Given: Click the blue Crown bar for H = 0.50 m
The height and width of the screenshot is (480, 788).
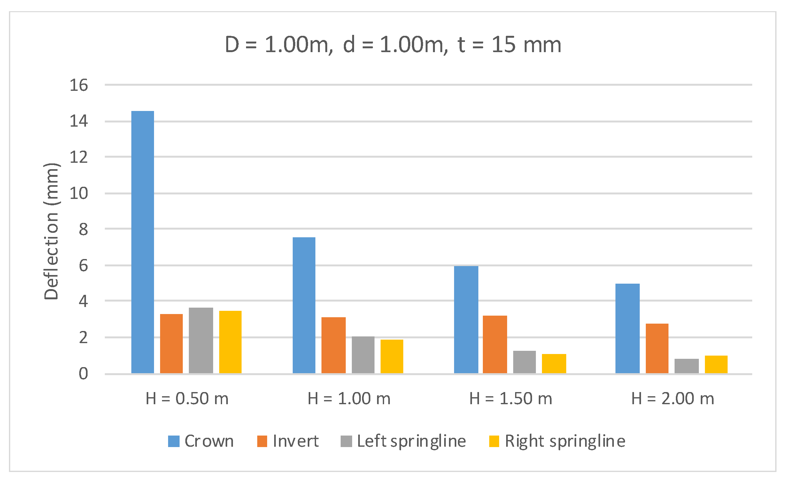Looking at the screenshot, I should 143,242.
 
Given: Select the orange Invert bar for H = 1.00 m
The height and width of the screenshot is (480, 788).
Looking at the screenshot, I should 333,345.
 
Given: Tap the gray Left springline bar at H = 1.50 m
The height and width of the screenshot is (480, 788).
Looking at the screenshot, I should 524,362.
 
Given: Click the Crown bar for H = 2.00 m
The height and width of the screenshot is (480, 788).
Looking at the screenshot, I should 628,328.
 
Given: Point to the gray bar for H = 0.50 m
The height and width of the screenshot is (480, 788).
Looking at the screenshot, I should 201,340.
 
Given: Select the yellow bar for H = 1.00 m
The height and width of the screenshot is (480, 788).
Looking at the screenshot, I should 392,356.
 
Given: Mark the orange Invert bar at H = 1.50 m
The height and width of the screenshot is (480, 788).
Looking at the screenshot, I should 495,344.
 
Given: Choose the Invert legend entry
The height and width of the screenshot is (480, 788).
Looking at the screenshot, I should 288,441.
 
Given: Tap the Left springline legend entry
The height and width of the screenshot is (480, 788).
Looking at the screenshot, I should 403,441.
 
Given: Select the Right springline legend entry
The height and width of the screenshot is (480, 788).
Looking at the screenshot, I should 557,441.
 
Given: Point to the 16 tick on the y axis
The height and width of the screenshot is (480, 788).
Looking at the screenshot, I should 79,85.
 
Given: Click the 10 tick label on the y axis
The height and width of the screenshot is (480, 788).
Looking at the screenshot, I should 79,193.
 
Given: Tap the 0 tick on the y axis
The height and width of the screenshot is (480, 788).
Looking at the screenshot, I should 83,374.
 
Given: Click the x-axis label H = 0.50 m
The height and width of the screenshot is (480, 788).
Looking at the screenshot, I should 187,399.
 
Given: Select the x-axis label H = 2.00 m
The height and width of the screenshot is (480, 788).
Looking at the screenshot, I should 673,399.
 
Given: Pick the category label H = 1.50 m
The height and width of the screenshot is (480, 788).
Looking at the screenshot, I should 511,399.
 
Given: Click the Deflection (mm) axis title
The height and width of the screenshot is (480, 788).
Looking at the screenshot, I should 51,231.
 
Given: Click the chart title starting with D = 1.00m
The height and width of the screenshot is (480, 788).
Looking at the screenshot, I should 393,44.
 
